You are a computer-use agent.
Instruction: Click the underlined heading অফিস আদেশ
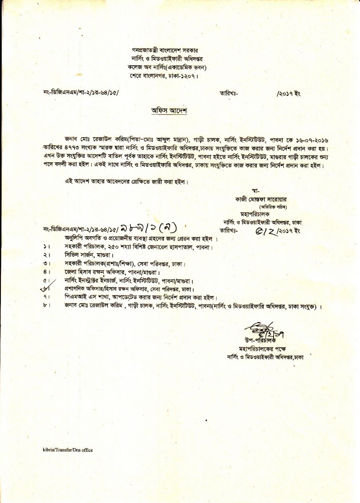168,111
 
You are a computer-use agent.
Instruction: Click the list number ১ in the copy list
44,247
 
